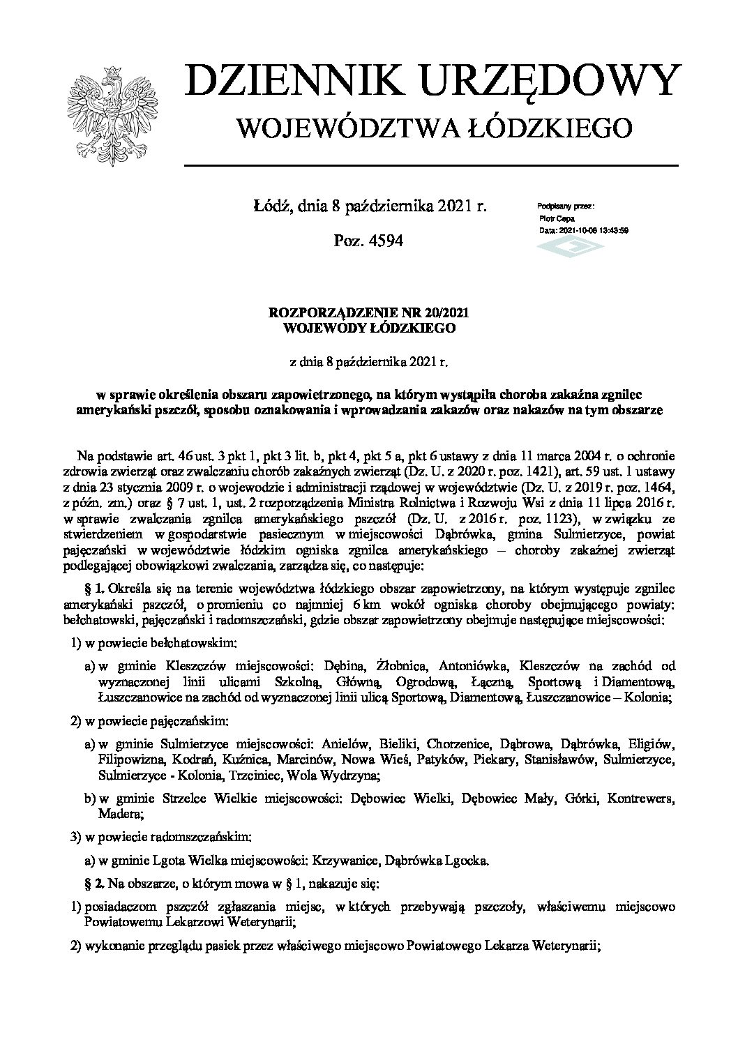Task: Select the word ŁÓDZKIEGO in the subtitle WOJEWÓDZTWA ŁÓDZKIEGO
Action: click(x=555, y=127)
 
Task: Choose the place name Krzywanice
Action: click(x=337, y=860)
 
